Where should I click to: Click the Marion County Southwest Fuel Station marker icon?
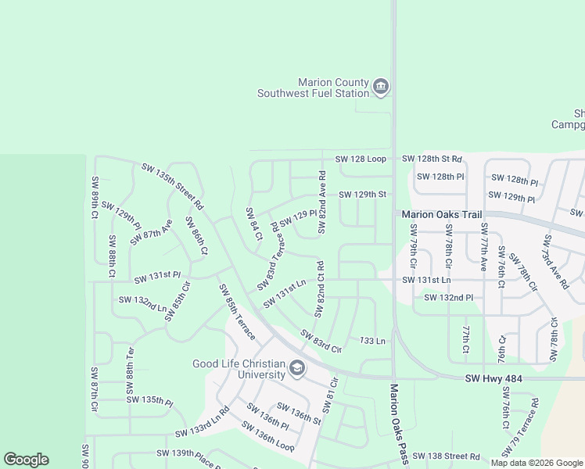[381, 86]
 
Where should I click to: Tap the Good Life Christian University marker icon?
[296, 367]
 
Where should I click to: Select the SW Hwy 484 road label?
[493, 379]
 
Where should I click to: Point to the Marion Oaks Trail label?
[440, 214]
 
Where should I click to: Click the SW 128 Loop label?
[361, 159]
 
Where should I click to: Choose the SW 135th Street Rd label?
[172, 186]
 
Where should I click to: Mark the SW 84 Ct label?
[252, 224]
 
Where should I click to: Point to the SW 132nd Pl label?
[448, 298]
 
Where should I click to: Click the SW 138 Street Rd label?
[446, 456]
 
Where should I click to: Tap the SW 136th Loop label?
[267, 437]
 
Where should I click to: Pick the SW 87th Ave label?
[152, 233]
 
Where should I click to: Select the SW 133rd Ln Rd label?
[202, 422]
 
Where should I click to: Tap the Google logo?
[26, 460]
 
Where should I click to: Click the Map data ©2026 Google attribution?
[537, 463]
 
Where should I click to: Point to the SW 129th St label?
[362, 195]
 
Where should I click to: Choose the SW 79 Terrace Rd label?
[526, 427]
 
